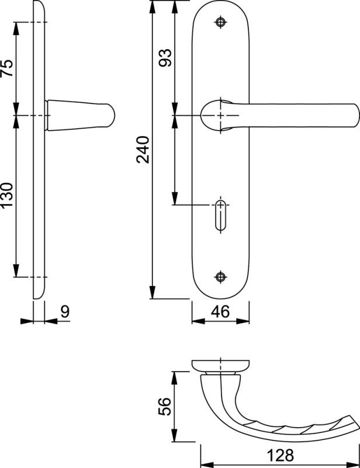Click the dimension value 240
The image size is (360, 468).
[x=143, y=150]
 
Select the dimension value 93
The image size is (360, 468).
[x=165, y=57]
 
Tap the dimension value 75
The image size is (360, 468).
[x=7, y=68]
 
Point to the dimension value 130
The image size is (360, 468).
[x=7, y=195]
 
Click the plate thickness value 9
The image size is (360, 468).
[x=65, y=312]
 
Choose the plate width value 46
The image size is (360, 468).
[x=220, y=312]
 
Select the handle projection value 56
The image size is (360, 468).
[x=165, y=406]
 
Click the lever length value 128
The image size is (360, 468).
[x=280, y=456]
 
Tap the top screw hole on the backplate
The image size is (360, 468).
[x=220, y=22]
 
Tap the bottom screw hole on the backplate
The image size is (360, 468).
[x=220, y=277]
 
